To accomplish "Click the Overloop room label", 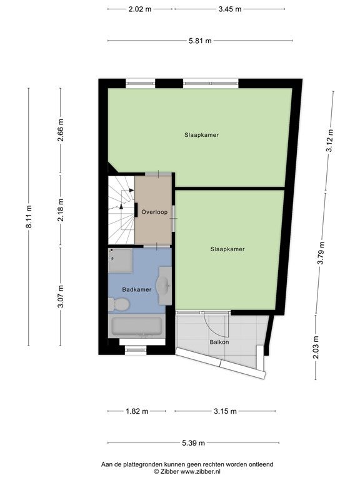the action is (154, 212).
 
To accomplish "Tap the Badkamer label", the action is (136, 289).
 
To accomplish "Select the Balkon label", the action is (219, 342).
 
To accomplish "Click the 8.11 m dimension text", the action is (29, 217).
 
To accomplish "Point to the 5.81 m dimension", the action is (200, 41).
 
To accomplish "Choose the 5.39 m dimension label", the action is (194, 442).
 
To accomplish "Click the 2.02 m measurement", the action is (140, 9).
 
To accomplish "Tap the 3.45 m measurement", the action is (230, 9).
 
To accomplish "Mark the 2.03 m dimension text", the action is (316, 347).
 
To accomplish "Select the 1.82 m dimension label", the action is (137, 411).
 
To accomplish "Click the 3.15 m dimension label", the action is (225, 411).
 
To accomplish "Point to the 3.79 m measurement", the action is (321, 253).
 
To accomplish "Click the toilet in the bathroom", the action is (119, 304).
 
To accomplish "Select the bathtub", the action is (136, 326).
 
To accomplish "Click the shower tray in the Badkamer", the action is (120, 260).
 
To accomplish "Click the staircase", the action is (121, 210).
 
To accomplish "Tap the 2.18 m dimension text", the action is (61, 210).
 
